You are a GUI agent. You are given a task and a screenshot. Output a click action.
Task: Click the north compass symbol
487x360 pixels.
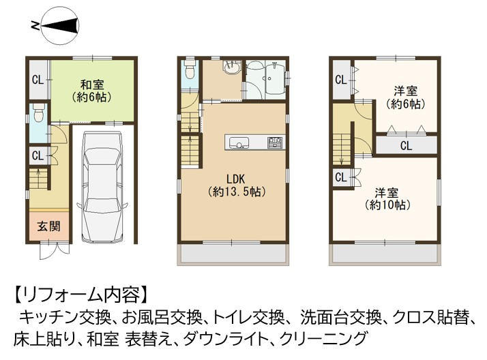[60, 26]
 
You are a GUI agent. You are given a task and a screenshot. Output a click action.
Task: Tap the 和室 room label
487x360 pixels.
[92, 91]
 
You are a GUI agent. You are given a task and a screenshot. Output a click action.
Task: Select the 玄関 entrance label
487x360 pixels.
[48, 226]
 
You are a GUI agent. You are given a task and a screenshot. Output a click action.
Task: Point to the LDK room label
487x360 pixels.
[236, 185]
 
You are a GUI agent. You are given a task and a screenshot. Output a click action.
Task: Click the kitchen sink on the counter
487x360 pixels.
[239, 143]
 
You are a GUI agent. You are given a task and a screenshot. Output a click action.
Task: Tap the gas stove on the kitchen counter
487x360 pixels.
[275, 142]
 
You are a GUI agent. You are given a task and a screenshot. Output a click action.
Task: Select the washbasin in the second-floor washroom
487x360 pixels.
[231, 67]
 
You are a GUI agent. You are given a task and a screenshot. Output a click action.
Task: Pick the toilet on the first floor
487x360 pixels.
[39, 112]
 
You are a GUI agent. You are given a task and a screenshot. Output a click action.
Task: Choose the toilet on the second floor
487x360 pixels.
[190, 69]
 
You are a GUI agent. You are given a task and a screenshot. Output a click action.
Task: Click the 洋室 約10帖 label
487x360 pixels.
[387, 199]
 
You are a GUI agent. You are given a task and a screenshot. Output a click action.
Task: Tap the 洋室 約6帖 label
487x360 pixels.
[406, 97]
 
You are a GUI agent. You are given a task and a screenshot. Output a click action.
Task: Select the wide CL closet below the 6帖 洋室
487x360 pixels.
[407, 145]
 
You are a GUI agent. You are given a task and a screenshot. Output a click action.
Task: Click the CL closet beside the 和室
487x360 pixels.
[38, 80]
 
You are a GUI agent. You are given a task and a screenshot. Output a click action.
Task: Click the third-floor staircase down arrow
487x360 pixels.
[341, 153]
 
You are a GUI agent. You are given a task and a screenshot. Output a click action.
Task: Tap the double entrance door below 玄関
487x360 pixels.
[55, 250]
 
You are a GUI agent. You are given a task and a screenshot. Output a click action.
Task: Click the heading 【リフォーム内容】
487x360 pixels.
[80, 295]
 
